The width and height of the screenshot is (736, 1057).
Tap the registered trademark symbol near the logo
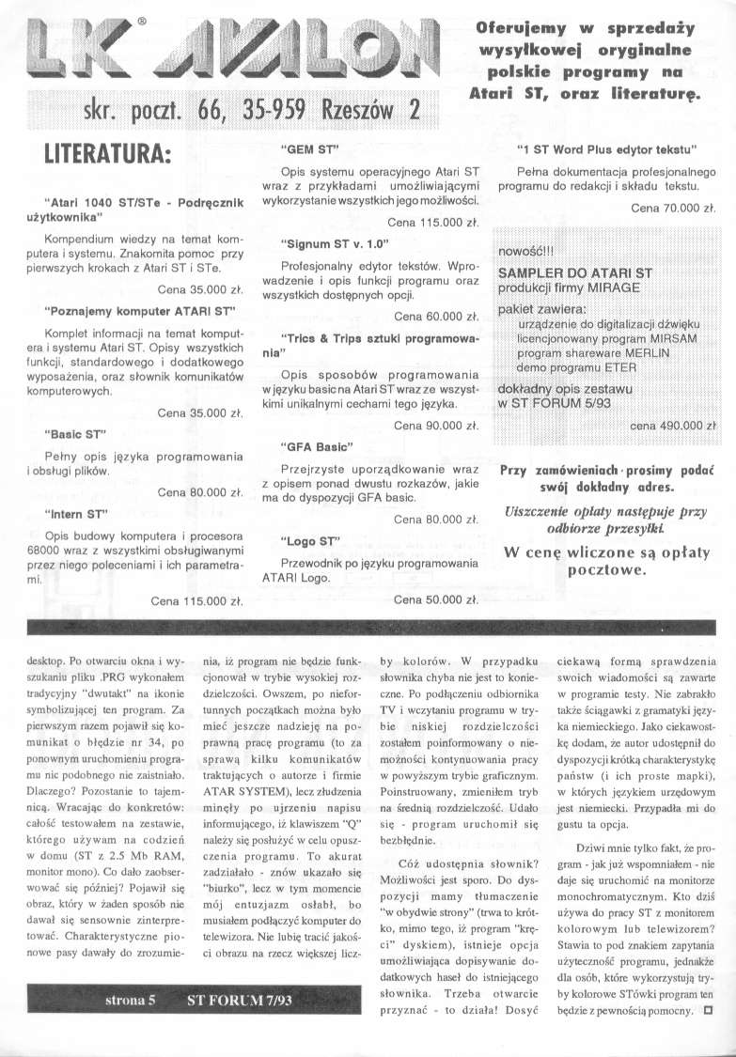pyautogui.click(x=167, y=18)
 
